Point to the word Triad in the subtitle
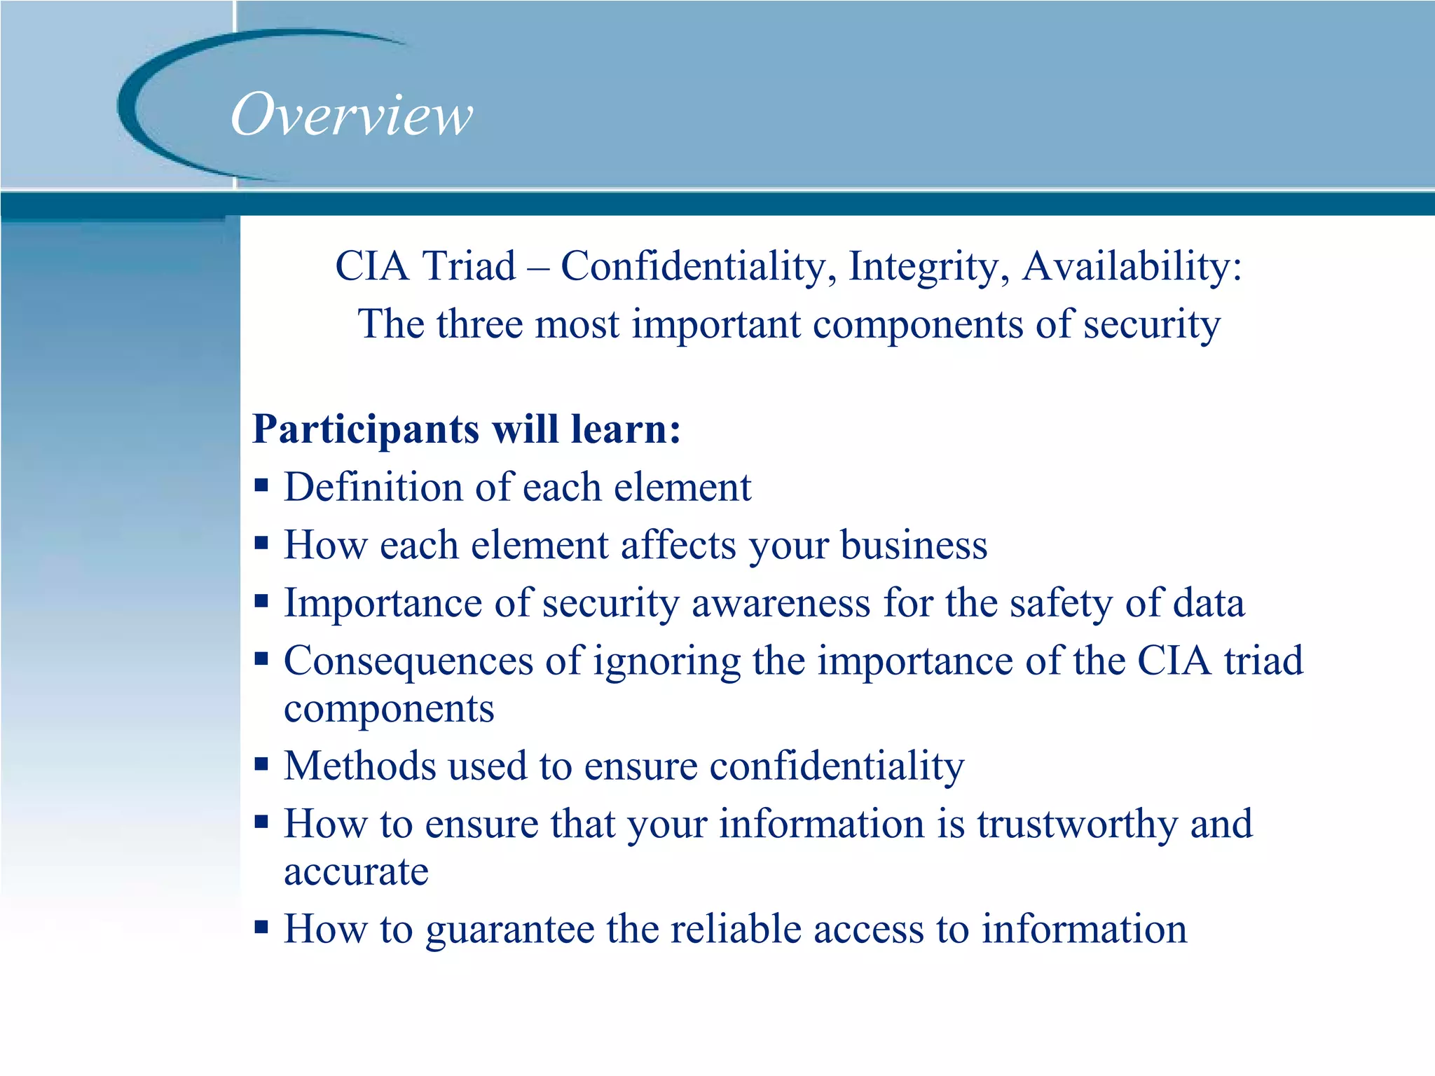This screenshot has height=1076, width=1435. (469, 267)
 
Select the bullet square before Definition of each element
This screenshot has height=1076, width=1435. (261, 485)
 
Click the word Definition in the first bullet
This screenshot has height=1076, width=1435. (373, 487)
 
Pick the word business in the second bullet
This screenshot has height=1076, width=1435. (914, 546)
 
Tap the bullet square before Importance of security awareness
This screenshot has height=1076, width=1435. (261, 600)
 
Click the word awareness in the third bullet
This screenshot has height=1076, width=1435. (781, 604)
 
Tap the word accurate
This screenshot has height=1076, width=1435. (356, 873)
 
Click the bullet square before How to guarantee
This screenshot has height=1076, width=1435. (261, 927)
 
